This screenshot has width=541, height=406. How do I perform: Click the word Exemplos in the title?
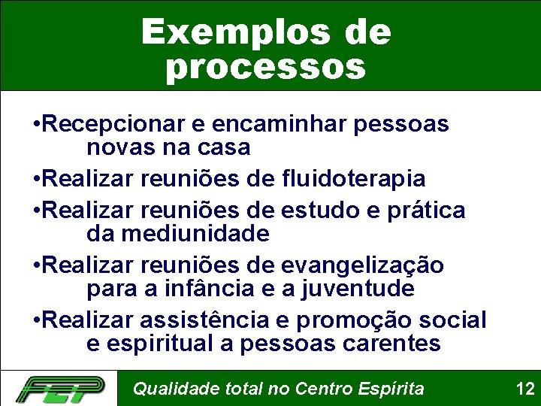tap(225, 32)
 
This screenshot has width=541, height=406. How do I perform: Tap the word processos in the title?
tap(265, 67)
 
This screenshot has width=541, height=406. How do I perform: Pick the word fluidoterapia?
tap(355, 179)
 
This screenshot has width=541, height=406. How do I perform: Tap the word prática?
tap(425, 211)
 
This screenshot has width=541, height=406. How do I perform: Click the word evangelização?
tap(361, 265)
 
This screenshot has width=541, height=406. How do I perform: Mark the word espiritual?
tap(151, 344)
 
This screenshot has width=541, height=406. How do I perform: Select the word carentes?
tap(388, 344)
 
